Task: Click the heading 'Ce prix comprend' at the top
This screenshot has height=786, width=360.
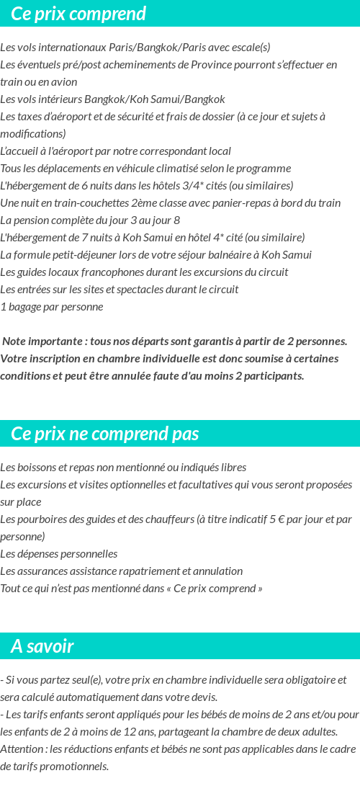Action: (x=78, y=14)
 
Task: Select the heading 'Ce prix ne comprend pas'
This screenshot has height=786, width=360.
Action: (x=105, y=434)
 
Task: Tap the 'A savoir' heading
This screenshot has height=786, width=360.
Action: (x=42, y=646)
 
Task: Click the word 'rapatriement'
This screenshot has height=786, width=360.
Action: (x=140, y=571)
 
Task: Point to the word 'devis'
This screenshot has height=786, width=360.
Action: (x=203, y=697)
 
